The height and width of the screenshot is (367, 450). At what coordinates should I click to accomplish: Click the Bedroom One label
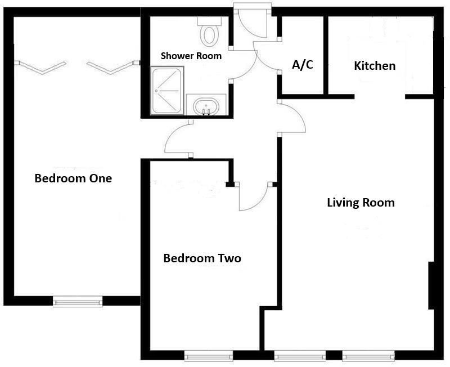73,178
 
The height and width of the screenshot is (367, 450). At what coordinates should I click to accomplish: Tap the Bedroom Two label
202,258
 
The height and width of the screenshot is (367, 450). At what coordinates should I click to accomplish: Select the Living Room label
361,203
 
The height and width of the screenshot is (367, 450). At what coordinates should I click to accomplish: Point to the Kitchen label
375,66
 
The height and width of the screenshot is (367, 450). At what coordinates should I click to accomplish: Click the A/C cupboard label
303,65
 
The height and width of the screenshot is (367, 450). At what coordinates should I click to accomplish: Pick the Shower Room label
191,56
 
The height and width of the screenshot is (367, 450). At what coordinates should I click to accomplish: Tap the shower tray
167,91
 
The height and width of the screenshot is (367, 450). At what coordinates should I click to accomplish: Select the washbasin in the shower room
206,105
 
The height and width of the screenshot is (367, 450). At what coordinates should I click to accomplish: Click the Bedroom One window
78,302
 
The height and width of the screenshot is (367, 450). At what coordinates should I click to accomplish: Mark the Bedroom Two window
208,356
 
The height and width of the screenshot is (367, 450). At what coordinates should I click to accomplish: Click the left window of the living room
300,356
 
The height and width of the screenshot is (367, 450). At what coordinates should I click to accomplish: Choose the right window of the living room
368,356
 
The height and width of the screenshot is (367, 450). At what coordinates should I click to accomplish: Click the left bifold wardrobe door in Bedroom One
43,68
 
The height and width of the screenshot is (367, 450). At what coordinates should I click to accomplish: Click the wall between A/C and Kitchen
326,55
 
